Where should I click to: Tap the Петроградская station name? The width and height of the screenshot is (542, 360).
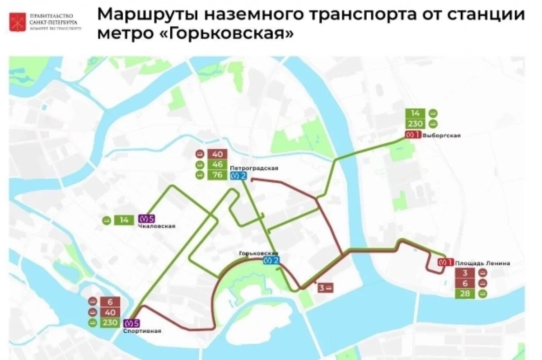(x=253, y=168)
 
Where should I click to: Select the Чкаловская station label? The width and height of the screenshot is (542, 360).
(x=157, y=226)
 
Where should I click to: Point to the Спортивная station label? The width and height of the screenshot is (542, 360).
(x=142, y=331)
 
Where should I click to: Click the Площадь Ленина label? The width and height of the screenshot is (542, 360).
(x=482, y=263)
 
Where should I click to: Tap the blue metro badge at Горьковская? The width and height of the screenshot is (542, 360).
(x=271, y=260)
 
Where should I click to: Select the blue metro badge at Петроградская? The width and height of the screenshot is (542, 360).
(x=238, y=176)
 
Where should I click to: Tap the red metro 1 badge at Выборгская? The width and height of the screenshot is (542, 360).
(x=412, y=135)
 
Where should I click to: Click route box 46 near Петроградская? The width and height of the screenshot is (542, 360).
(x=217, y=164)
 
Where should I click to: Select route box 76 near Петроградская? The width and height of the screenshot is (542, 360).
(x=217, y=175)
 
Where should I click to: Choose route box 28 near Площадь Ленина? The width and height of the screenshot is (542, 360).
(x=465, y=294)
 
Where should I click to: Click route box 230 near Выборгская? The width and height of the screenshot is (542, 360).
(x=415, y=124)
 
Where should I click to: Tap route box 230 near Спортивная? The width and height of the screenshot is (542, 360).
(x=110, y=323)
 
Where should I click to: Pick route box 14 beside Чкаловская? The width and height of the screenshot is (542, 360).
(x=124, y=220)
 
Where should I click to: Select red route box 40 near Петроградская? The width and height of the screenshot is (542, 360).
(x=217, y=154)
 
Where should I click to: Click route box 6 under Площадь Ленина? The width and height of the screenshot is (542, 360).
(x=465, y=283)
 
